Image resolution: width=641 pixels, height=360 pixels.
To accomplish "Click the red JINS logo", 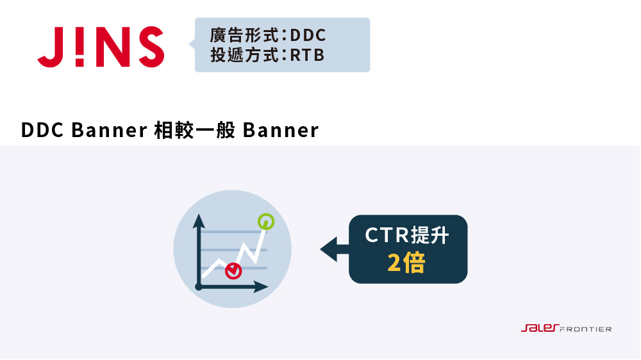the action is point(101,47).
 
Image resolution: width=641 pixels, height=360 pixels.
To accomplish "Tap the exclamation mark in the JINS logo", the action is point(79,47).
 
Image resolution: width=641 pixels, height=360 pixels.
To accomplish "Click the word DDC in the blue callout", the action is point(308,35).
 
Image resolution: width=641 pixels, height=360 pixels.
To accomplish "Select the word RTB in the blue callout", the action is point(307,55).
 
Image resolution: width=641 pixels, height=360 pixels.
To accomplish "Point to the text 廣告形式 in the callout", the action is point(244,35).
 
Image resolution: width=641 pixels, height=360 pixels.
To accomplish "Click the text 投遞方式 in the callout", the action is point(244,55).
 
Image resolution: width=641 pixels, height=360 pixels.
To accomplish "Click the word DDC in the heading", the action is point(42,130).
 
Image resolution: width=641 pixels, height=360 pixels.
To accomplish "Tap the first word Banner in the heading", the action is point(109,130).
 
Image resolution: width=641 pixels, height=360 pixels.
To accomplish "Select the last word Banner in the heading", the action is point(281,130).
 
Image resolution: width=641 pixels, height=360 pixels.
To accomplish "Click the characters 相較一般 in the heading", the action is point(195,130).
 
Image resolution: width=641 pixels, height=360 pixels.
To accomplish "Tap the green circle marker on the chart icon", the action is point(266,222).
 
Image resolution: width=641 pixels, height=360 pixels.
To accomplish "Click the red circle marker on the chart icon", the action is point(233,271).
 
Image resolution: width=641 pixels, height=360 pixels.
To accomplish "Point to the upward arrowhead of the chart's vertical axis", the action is point(199,220).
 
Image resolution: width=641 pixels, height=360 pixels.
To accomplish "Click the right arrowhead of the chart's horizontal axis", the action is point(261,287).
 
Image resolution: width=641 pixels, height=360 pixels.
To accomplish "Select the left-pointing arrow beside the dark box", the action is point(335,249).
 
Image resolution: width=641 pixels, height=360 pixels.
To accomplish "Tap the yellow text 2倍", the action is point(406,263).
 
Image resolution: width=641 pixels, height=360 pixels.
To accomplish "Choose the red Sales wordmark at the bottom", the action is point(540,328).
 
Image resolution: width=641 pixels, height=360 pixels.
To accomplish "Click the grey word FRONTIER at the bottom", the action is point(585,329).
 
